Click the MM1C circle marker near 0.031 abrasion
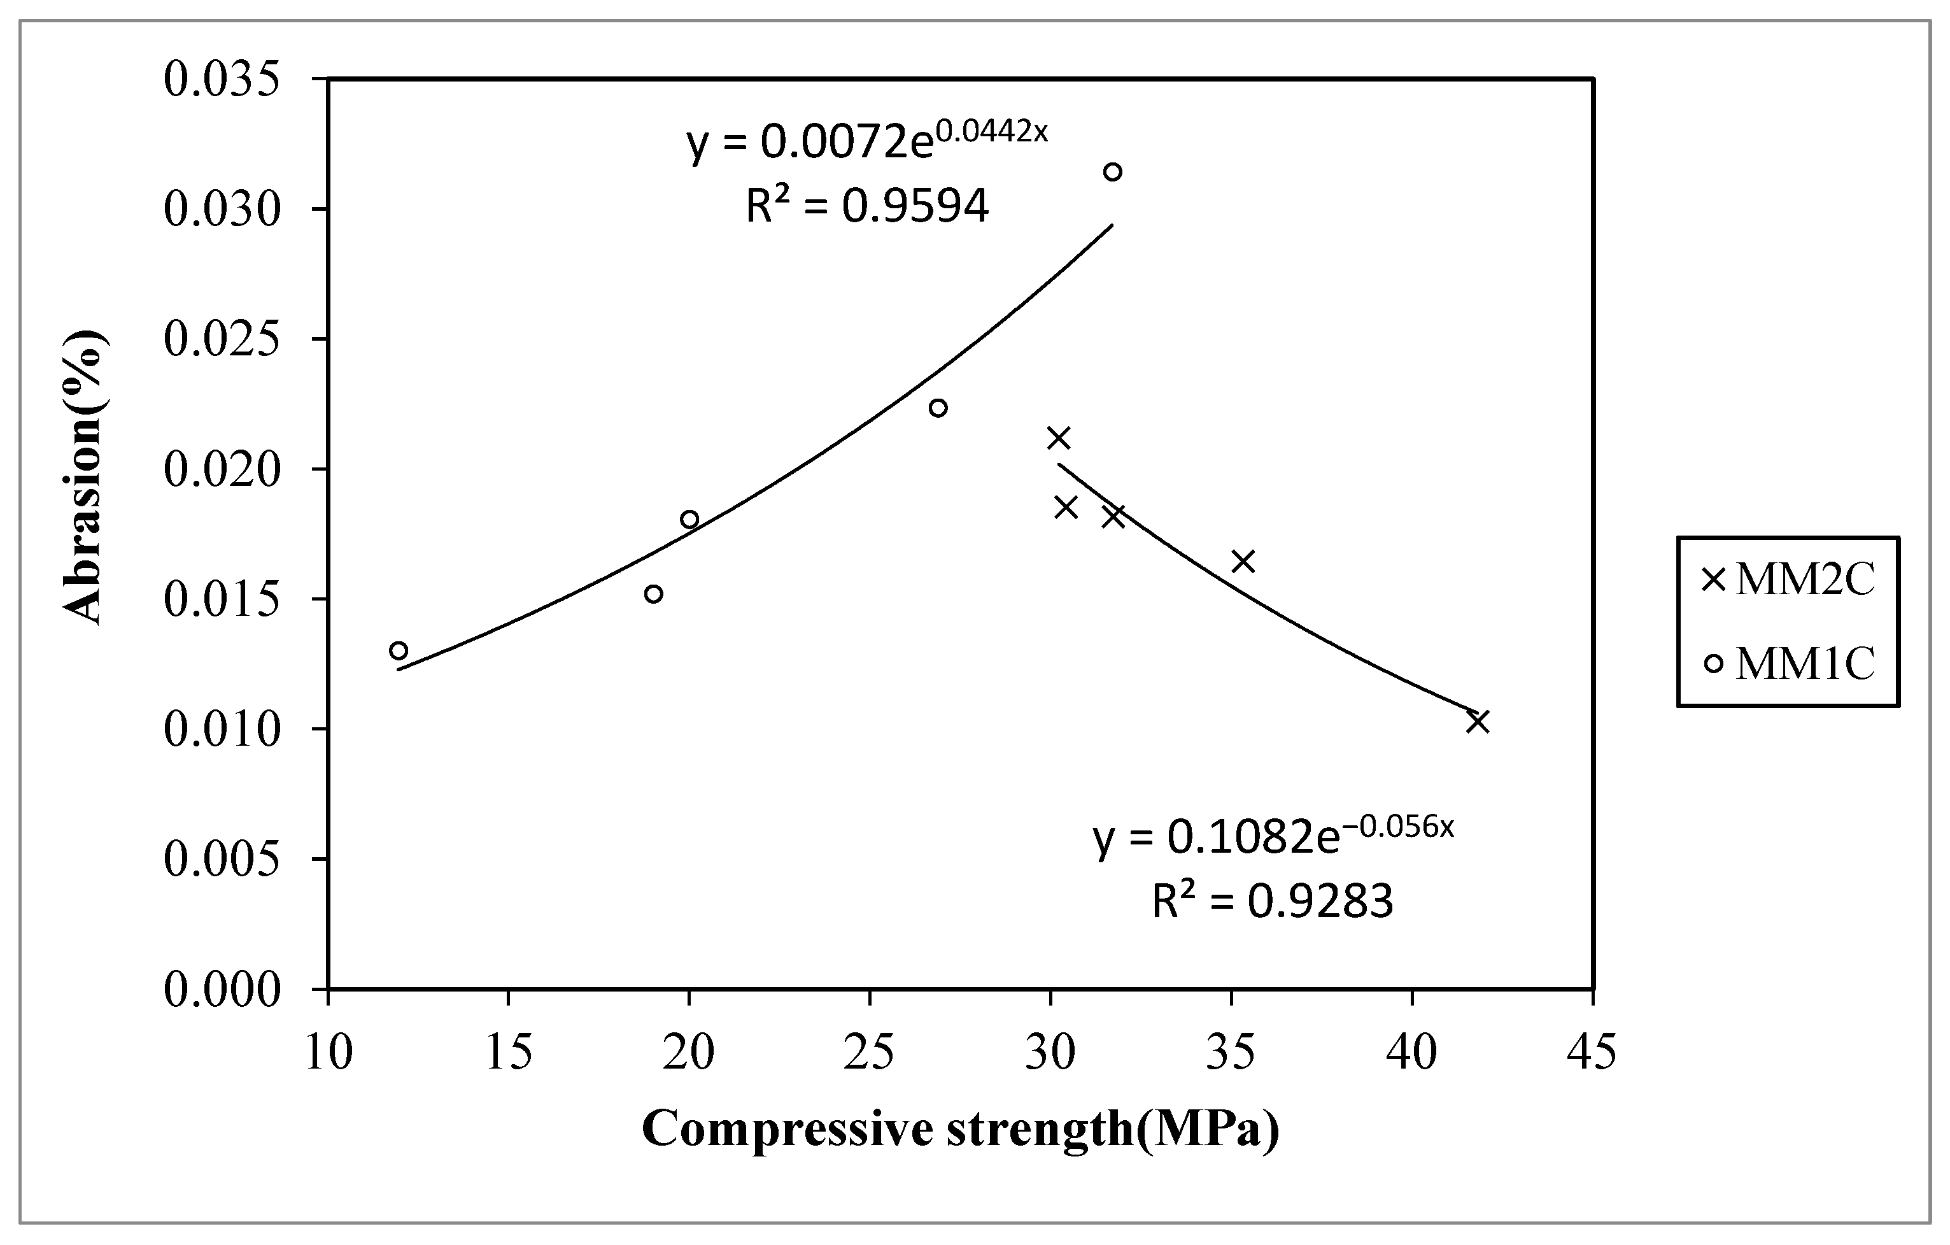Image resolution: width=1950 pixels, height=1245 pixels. [1113, 172]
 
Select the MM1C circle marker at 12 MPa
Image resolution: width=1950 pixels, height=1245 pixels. [399, 650]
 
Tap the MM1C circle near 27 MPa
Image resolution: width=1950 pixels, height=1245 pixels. [938, 408]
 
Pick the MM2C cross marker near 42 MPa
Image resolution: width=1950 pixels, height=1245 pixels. [1478, 721]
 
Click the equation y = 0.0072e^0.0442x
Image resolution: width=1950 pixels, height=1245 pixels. [866, 139]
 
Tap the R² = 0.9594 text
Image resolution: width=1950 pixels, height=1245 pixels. [866, 206]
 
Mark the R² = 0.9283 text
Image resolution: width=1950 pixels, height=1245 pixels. [1273, 902]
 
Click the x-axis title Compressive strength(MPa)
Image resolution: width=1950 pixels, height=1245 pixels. [961, 1128]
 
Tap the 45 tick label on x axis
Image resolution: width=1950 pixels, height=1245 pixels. [1592, 1052]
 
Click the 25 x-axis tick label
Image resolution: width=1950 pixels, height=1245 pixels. [869, 1052]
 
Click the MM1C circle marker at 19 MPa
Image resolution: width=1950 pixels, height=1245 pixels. [654, 594]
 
